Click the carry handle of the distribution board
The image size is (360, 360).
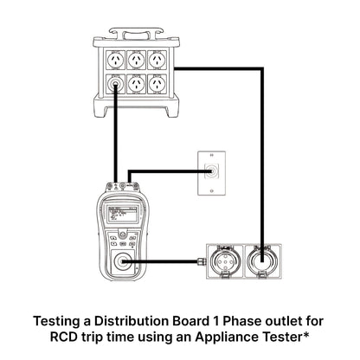[137, 36]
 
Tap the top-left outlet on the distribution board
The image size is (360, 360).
[115, 60]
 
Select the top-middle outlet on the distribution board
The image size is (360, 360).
[136, 60]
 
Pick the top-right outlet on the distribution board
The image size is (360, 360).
[157, 60]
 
